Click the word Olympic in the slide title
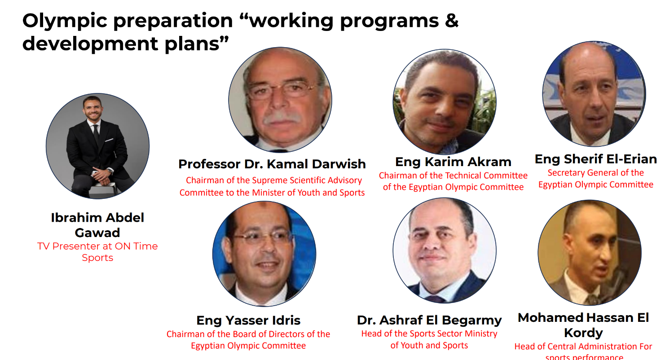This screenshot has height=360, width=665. [x=64, y=21]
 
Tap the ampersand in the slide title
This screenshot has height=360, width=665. [x=452, y=20]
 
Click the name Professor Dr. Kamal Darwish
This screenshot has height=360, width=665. [x=272, y=164]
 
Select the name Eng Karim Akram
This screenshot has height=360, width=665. [x=454, y=162]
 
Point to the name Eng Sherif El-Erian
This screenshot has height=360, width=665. [x=595, y=159]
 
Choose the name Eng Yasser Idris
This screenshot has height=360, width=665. [x=248, y=320]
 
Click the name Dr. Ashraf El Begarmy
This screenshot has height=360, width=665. [x=429, y=320]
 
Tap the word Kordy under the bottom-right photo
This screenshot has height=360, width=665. [x=583, y=333]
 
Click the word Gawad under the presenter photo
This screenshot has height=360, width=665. [x=97, y=233]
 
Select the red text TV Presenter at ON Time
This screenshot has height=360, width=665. [x=97, y=246]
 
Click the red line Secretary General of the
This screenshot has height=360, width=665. [x=595, y=173]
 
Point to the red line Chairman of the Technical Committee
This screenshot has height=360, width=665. [x=453, y=176]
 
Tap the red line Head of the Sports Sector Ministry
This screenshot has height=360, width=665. [x=429, y=334]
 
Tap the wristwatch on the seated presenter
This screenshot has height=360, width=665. [x=110, y=171]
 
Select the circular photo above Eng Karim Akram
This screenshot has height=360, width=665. [x=445, y=102]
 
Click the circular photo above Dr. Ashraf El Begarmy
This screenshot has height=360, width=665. [x=445, y=250]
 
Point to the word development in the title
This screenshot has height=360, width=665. [x=91, y=44]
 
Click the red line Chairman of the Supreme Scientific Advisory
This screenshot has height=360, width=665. [x=274, y=180]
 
